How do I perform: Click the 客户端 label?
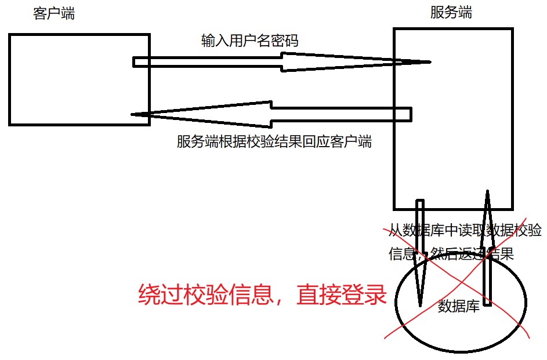pos(54,14)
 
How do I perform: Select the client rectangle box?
pos(79,79)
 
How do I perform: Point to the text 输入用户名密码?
pos(250,41)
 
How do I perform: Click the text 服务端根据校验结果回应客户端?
pos(274,142)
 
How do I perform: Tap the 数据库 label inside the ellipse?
pos(458,306)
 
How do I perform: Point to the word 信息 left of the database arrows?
pos(400,254)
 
